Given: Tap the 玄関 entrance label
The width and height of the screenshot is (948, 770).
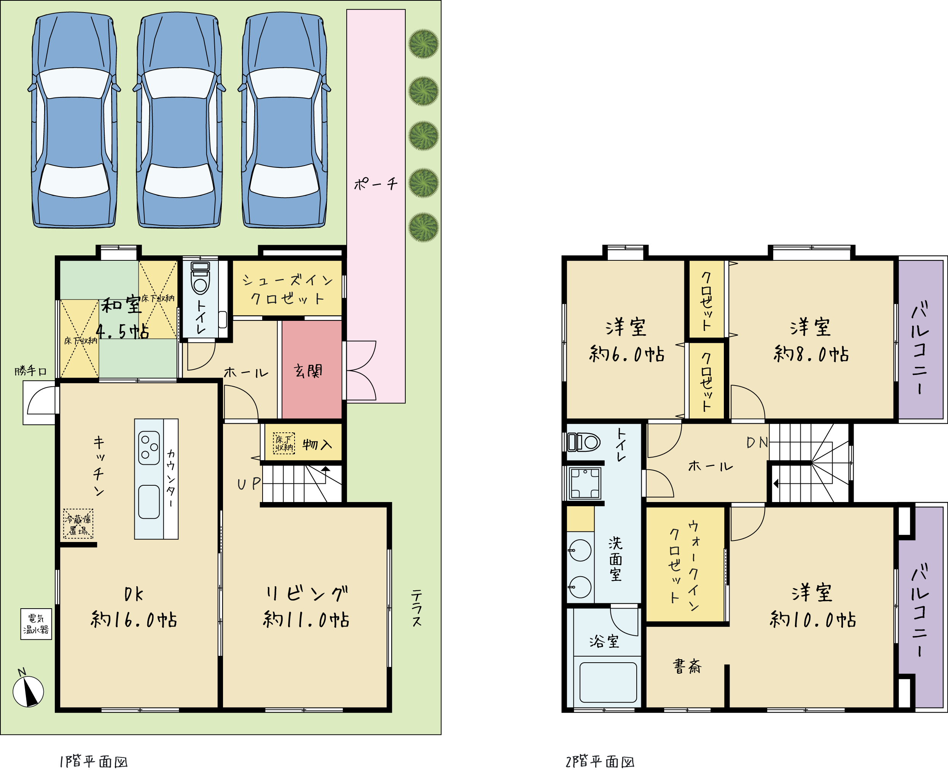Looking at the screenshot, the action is [x=308, y=371].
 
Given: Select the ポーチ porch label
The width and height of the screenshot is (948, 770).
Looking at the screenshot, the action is [x=376, y=183].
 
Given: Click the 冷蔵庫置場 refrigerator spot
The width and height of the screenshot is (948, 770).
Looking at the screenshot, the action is [x=78, y=524].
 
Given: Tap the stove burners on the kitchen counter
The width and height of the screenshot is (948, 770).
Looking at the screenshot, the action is [x=149, y=448].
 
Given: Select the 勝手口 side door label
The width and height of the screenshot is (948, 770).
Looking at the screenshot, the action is [x=30, y=371].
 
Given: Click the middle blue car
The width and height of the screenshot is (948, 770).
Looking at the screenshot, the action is [x=179, y=120].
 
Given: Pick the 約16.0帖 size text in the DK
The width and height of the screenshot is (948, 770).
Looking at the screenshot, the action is [x=134, y=620].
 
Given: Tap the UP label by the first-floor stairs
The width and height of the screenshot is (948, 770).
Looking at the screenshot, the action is [x=249, y=484].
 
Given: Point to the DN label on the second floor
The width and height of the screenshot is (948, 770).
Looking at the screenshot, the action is [x=757, y=442].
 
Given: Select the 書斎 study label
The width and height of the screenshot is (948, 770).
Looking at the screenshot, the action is [x=687, y=666].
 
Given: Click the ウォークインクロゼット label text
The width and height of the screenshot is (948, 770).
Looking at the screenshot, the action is [x=684, y=566].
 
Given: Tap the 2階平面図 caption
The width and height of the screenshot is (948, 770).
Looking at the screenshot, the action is [x=600, y=762].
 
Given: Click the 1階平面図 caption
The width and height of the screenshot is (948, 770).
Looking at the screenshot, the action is [x=94, y=762].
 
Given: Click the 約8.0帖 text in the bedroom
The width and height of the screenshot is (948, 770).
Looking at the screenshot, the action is [x=811, y=354].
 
